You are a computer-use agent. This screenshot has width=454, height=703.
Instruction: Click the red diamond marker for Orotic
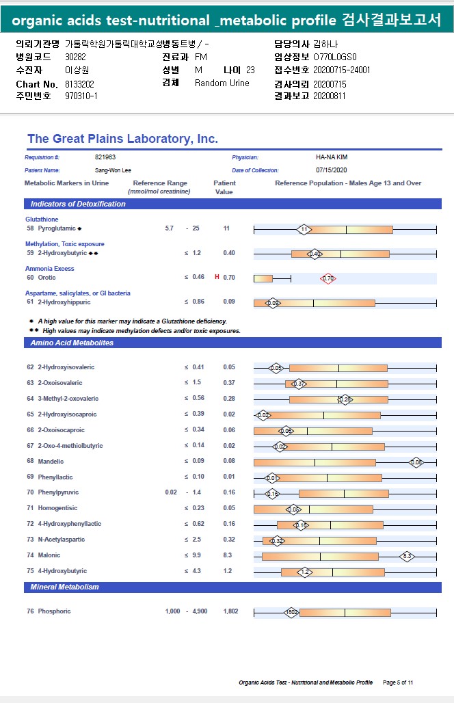coord(328,278)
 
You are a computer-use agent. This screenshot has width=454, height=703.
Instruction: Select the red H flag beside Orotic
coord(217,278)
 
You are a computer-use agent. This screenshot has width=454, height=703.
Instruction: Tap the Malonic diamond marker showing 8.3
coord(407,556)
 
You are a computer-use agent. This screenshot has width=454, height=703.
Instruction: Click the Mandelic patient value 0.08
coord(228,462)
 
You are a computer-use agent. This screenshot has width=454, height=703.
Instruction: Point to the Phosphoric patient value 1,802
coord(230,611)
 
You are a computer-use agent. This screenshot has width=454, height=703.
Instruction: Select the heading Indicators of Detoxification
coord(78,204)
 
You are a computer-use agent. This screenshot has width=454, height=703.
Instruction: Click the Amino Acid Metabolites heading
coord(72,343)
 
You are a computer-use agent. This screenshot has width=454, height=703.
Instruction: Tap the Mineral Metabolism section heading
coord(64,587)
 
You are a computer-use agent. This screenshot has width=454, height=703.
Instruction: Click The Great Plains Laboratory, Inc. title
coord(122,139)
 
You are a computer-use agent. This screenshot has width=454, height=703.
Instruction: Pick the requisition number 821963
coord(105,157)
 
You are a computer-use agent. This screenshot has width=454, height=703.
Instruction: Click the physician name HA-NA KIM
coord(332,157)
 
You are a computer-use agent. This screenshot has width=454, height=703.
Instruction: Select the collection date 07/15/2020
coord(332,170)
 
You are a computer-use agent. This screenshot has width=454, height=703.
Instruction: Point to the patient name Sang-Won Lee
coord(113,170)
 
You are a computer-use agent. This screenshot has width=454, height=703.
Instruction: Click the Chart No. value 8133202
coord(79,84)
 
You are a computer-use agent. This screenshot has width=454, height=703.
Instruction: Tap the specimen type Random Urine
coord(222,83)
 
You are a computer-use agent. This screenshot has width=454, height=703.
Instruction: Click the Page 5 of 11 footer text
coord(398,682)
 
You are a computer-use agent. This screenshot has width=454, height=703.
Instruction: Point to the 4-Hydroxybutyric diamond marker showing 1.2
coord(305,572)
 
